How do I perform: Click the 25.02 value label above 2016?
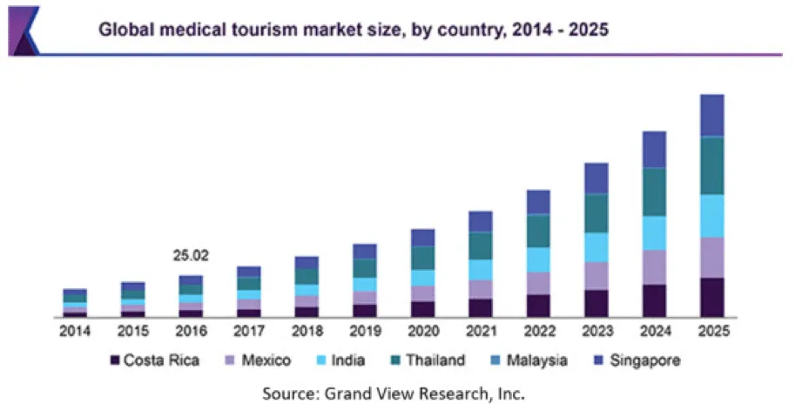point(190,257)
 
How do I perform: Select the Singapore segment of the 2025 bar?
point(712,115)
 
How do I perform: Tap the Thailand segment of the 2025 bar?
point(712,165)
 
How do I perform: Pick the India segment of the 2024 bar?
point(654,232)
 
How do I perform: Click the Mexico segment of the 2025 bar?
point(712,258)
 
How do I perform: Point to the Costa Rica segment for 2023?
point(596,303)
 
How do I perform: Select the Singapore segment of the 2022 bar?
point(538,202)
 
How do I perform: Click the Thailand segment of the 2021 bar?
point(481,246)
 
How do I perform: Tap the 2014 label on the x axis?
point(75,332)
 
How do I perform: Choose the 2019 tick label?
point(365,332)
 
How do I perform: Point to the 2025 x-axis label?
point(712,332)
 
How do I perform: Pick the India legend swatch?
point(322,360)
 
